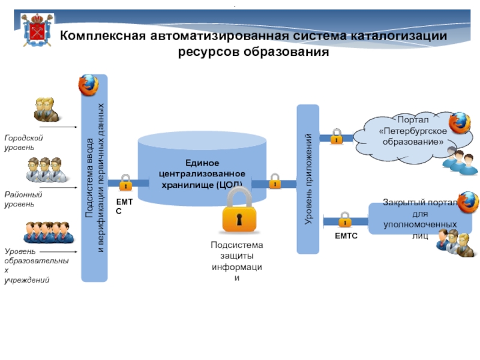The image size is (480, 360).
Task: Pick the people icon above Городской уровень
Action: click(x=46, y=109)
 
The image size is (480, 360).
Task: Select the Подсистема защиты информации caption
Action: click(x=237, y=262)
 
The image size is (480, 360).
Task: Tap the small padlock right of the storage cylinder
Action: click(x=275, y=181)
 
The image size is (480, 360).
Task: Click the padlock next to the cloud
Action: click(x=337, y=136)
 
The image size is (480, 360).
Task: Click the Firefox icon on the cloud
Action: click(x=460, y=122)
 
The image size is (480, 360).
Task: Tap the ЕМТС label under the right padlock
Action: click(x=346, y=236)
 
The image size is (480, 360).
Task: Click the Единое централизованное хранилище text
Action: click(x=202, y=173)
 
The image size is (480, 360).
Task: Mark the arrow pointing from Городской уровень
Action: click(x=58, y=127)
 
